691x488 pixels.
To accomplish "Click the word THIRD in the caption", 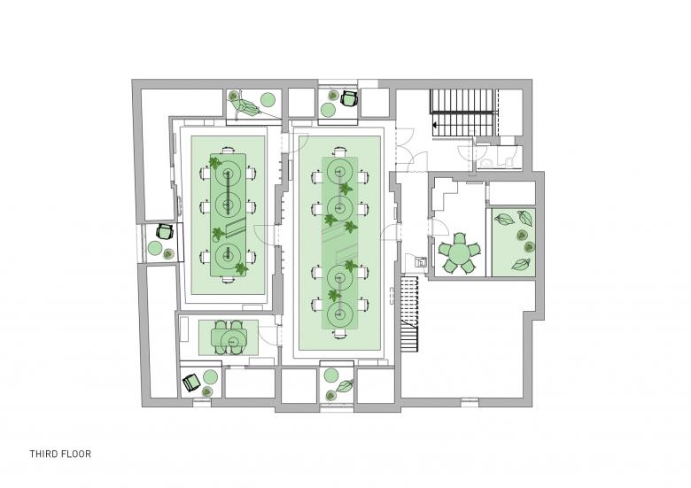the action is (x=43, y=453).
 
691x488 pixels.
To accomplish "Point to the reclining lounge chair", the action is (x=244, y=104).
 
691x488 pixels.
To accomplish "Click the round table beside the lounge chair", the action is (x=268, y=99).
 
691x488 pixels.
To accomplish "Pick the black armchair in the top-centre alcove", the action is (x=348, y=97).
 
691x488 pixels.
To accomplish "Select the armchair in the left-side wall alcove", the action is (x=165, y=231).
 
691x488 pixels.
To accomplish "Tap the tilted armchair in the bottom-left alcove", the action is (x=191, y=383).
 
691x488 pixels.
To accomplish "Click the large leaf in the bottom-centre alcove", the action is (x=345, y=386).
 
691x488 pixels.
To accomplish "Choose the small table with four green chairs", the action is (x=228, y=337).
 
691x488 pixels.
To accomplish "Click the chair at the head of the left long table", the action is (x=228, y=151).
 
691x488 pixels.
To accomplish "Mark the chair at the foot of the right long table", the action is (x=339, y=334).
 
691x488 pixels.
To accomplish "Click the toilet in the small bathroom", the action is (x=509, y=161).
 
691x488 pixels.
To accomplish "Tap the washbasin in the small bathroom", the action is (x=486, y=163).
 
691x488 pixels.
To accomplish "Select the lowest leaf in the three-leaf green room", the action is (x=520, y=264).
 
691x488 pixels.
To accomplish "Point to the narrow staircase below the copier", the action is (x=409, y=314).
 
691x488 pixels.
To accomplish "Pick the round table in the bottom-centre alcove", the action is (x=331, y=376).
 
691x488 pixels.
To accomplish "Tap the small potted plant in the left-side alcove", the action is (x=168, y=253).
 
